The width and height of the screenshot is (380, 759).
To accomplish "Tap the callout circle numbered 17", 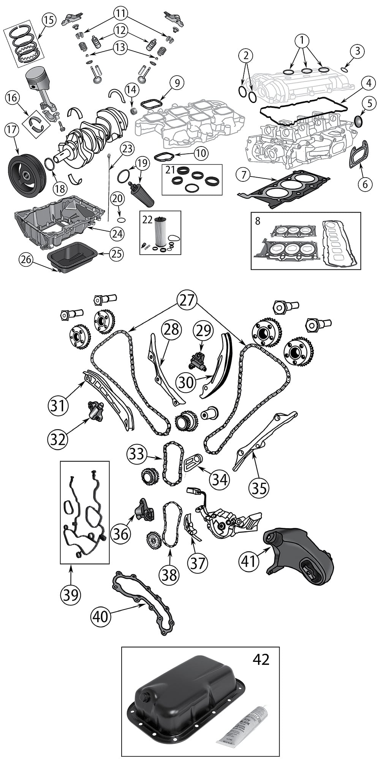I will coord(12,130).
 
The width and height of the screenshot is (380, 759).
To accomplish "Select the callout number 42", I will coord(261,659).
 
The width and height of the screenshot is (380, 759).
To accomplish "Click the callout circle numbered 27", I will coord(187,300).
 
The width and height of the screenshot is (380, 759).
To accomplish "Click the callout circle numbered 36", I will coord(120,534).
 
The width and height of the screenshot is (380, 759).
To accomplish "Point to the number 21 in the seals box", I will coord(169,170).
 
